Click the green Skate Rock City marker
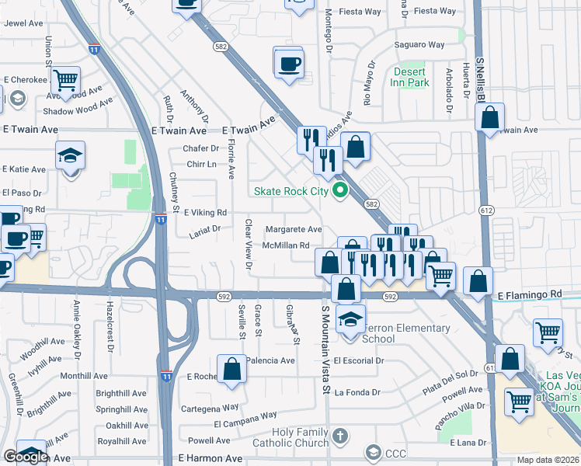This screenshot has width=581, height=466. tap(339, 190)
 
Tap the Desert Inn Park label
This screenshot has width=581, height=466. tap(410, 77)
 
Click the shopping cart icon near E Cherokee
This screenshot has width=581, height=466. tap(66, 78)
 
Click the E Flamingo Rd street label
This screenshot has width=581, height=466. tap(529, 295)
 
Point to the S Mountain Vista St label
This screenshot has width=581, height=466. tap(327, 349)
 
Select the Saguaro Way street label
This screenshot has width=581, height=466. tap(419, 45)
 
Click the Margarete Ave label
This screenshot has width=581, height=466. tap(294, 230)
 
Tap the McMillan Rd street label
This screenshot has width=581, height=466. tap(286, 245)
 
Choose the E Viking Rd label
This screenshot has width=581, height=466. tap(205, 212)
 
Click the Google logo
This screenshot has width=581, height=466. tap(25, 457)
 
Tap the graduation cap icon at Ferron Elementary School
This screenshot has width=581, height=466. tap(351, 319)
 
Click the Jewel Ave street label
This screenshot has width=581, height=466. tap(23, 23)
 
